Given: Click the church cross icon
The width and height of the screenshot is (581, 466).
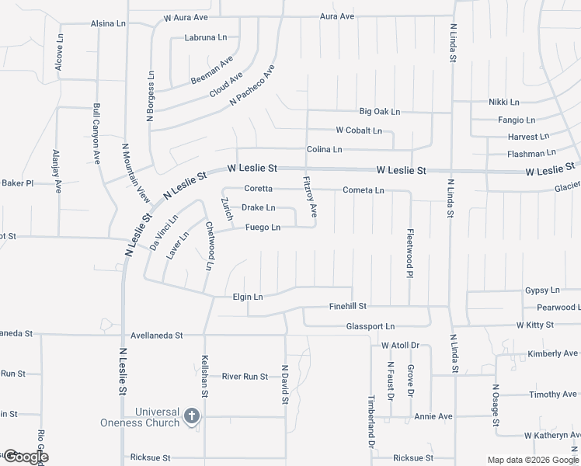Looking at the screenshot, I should (191, 418).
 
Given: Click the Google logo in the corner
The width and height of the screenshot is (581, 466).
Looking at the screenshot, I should (25, 457).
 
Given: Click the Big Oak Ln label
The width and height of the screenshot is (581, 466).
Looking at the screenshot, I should (379, 112).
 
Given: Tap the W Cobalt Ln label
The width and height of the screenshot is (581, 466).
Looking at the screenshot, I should (358, 130).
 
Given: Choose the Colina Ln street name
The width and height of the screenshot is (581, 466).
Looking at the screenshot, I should (324, 149).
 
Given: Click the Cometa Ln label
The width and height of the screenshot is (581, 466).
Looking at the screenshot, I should (364, 190).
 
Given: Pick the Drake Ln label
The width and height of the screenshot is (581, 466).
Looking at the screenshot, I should (258, 208).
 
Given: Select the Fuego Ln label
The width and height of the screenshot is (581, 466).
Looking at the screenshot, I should (263, 228).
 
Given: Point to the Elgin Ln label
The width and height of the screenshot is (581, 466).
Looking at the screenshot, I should (248, 297).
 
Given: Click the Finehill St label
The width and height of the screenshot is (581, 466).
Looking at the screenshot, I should (347, 307).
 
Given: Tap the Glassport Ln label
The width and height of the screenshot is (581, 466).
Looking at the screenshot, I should (370, 327).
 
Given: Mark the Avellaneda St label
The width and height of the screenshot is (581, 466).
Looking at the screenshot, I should (156, 336).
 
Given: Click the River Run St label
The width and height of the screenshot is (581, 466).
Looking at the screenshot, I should (245, 377).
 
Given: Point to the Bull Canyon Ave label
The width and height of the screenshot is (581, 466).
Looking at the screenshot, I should (96, 134).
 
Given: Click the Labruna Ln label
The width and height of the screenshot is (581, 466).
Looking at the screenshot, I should (206, 37).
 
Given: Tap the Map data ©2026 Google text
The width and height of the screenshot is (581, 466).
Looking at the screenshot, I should (533, 460).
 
